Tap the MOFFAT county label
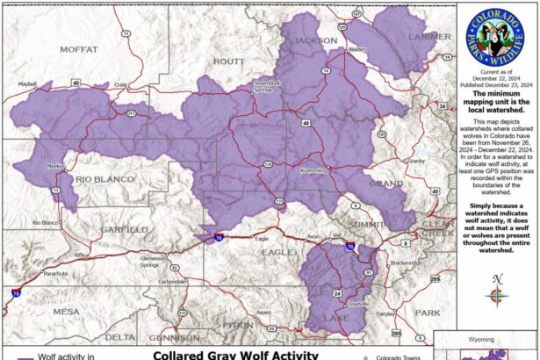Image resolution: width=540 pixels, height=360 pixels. [x=79, y=50]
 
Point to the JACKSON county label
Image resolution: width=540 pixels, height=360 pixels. [x=315, y=40]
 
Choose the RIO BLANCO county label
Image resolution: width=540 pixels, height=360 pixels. [x=103, y=179]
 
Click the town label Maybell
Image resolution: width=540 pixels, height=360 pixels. [x=28, y=84]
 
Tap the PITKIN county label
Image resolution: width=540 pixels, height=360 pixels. [x=238, y=324]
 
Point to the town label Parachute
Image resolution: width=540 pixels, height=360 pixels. [x=54, y=273]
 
